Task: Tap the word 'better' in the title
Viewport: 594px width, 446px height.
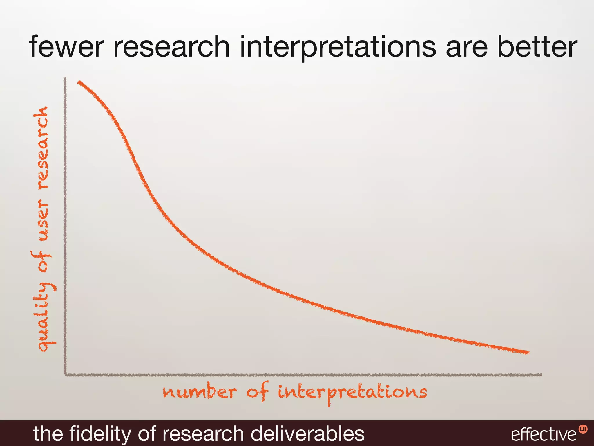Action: point(537,46)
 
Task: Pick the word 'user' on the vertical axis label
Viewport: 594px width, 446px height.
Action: point(44,221)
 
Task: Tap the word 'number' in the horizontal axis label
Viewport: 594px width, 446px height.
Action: point(200,392)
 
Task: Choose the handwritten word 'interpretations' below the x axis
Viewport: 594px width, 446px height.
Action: point(352,393)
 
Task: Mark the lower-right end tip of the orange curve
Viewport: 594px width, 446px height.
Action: point(528,353)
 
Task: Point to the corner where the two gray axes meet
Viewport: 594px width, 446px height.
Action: point(65,375)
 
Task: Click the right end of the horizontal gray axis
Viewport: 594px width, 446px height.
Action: point(541,375)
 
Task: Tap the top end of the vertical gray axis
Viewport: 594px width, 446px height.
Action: point(65,78)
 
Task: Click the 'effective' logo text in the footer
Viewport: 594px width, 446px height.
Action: point(544,435)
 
